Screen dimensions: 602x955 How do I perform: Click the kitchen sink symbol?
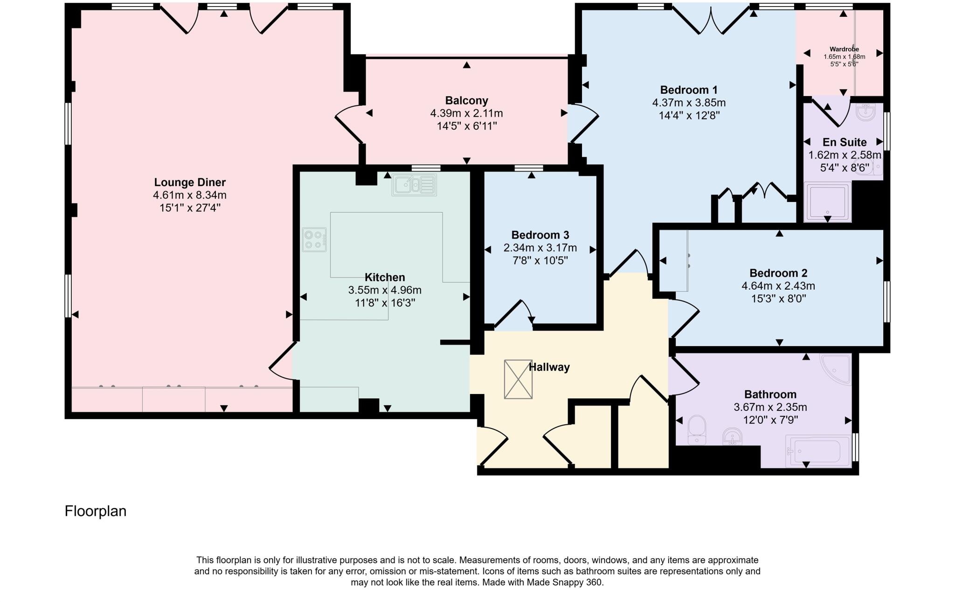414,185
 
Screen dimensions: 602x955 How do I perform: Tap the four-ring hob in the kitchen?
314,240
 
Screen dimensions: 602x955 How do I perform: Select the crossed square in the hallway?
518,379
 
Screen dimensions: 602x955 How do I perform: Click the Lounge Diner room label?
190,182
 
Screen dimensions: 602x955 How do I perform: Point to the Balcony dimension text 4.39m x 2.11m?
466,113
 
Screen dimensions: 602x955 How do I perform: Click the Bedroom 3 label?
540,235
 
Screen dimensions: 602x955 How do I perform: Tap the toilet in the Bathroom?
697,429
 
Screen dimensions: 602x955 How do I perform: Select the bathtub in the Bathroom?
818,451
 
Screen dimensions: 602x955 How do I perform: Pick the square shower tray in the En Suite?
828,201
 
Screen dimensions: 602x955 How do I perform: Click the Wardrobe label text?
844,49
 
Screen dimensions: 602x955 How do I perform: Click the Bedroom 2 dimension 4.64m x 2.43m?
778,286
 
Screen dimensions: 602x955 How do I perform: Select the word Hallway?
549,367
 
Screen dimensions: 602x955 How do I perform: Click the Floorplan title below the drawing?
96,511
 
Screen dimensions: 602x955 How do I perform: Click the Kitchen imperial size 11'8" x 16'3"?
385,303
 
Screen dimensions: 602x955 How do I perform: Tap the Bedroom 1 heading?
689,90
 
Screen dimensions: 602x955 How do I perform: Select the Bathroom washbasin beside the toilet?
732,436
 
